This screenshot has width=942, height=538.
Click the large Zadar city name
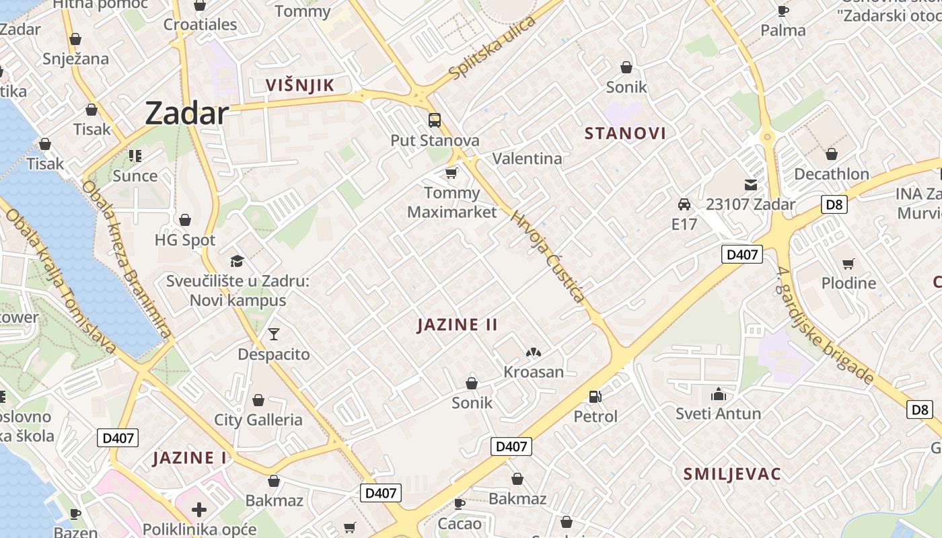pos(187,113)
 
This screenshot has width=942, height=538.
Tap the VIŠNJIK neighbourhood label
pos(299,85)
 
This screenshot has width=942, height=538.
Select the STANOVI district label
pos(625,133)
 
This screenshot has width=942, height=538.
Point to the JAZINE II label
pos(458,325)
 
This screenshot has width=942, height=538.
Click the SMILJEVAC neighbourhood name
pos(732,474)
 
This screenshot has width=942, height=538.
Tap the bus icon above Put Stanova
pos(435,120)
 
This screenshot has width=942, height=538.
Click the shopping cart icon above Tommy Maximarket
pos(451,174)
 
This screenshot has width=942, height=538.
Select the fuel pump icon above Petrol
pos(595,397)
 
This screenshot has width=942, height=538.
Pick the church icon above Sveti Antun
pos(718,393)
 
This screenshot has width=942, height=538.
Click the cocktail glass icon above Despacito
pos(273,334)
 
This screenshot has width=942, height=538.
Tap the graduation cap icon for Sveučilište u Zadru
pos(237,261)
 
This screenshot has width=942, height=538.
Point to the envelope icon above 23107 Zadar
pos(750,184)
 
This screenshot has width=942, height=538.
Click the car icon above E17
pos(684,204)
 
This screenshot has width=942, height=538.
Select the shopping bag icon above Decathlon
pos(832,154)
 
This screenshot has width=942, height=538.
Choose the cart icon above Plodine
pos(848,264)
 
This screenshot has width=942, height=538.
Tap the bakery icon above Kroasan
pos(534,352)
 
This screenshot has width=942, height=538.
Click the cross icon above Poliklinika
pos(199,509)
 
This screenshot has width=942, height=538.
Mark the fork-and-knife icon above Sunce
pos(135,156)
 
